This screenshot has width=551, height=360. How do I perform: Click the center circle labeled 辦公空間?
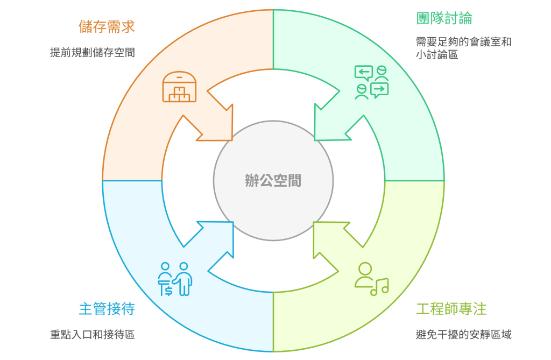click(x=273, y=180)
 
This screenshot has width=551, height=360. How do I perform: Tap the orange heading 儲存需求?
click(x=107, y=26)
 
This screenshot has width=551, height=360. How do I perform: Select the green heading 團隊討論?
click(x=444, y=18)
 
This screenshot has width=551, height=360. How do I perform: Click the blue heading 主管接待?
click(x=107, y=309)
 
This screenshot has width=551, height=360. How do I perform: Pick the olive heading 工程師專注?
click(x=451, y=309)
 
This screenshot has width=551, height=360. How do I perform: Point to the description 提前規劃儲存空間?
click(x=92, y=52)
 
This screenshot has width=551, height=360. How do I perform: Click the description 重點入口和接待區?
click(x=92, y=335)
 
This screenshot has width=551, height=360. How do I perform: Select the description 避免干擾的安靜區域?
click(x=463, y=335)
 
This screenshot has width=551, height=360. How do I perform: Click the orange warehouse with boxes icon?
click(x=179, y=87)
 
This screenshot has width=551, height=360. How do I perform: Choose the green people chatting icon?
click(x=371, y=82)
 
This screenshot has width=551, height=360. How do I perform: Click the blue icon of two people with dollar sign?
click(x=175, y=279)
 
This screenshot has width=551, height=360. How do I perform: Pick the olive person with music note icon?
click(x=371, y=279)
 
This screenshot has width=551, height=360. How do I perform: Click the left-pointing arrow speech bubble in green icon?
click(x=363, y=73)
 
